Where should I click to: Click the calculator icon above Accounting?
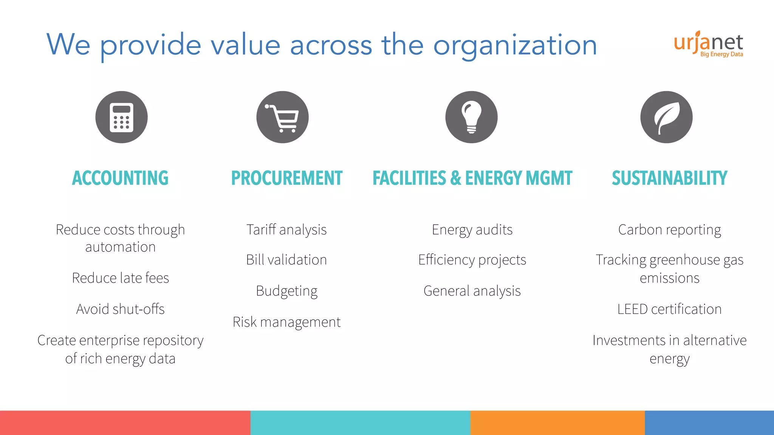coord(121,117)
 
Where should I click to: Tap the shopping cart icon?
coord(282,117)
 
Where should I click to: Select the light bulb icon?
coord(471,117)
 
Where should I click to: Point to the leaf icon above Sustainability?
coord(666,117)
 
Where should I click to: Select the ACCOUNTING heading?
coord(120,178)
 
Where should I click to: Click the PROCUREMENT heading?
coord(286,178)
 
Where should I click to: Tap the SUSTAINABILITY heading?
coord(669,178)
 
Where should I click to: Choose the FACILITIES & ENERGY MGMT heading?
coord(472,178)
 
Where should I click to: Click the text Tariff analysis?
coord(286,230)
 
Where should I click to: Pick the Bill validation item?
coord(286,260)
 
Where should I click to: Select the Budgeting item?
coord(286,291)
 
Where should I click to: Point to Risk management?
coord(286,322)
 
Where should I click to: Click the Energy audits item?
coord(472,230)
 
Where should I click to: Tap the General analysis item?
coord(472,291)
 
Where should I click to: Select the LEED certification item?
coord(669,309)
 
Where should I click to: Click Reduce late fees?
coord(121,278)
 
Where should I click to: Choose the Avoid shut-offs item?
coord(121,309)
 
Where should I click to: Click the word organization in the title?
coord(515,45)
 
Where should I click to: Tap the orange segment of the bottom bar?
coord(557,423)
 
